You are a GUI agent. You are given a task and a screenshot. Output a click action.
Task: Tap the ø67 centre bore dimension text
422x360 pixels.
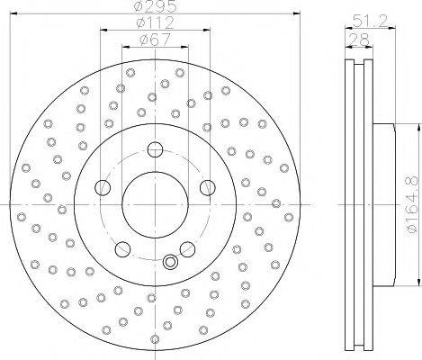click(155, 40)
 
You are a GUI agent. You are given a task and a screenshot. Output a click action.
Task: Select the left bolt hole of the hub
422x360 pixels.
click(103, 188)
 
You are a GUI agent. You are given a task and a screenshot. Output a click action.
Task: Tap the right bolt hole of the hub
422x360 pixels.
click(207, 188)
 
